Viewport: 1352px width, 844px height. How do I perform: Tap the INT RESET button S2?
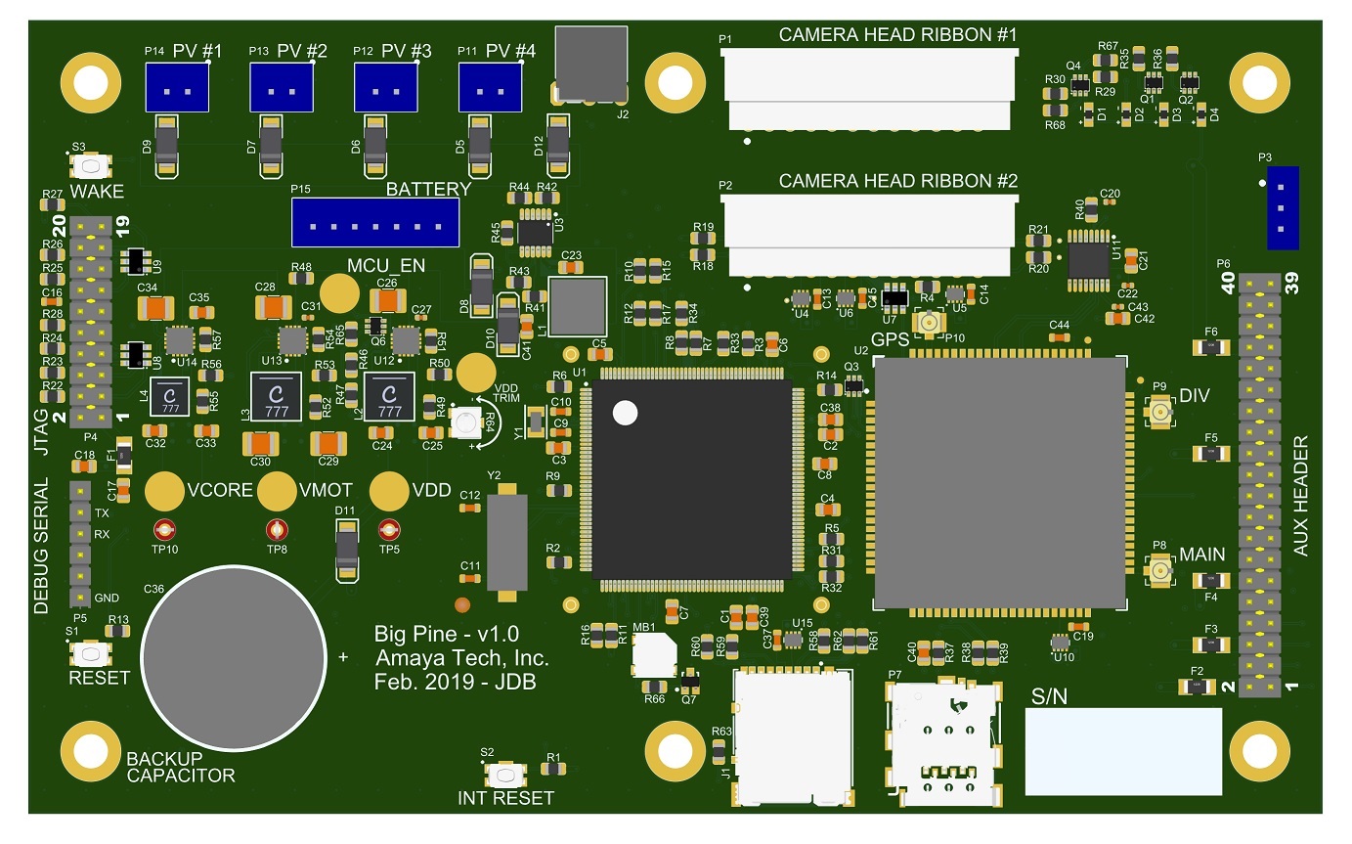[504, 776]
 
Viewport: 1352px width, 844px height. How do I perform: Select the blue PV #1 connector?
[177, 88]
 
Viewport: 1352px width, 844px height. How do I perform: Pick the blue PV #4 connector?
[490, 88]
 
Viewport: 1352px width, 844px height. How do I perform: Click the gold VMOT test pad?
[278, 491]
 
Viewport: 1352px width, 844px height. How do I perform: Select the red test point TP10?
[164, 531]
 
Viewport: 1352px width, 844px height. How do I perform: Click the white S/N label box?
[1122, 751]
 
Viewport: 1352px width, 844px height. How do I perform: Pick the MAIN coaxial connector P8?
[1160, 570]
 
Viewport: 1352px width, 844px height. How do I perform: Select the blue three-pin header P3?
[1282, 207]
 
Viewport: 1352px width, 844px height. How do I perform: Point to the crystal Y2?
[506, 545]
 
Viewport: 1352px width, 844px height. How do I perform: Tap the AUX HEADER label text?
[1300, 497]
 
